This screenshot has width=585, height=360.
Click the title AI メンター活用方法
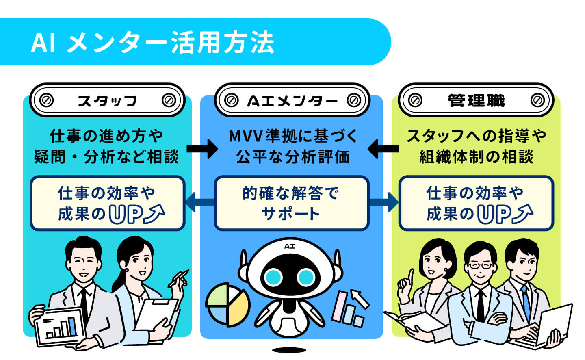(152, 42)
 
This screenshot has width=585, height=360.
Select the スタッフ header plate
(107, 100)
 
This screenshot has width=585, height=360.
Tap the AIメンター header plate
(292, 100)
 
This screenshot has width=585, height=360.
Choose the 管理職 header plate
(476, 100)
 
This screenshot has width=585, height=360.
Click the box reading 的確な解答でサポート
(292, 203)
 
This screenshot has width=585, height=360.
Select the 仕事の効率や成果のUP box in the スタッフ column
(107, 203)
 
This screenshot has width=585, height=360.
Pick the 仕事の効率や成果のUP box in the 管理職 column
(476, 203)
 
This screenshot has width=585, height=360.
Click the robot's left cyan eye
(273, 278)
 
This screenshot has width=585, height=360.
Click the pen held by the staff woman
(179, 278)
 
